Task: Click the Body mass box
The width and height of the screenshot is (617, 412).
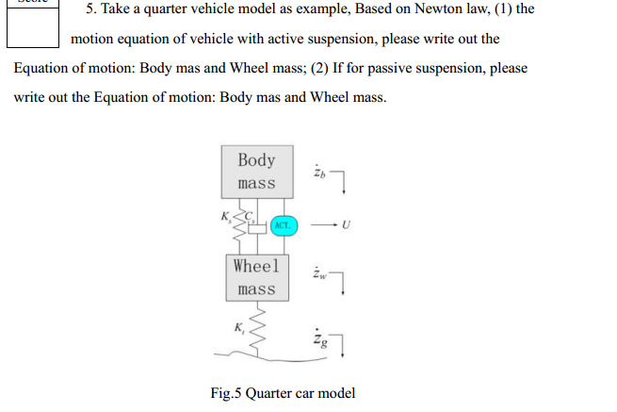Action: click(256, 171)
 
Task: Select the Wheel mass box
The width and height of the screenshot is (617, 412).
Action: click(256, 277)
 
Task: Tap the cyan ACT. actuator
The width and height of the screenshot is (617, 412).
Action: click(283, 226)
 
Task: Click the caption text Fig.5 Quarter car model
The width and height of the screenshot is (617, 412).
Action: click(283, 392)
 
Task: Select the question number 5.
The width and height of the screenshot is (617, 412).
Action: click(91, 8)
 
